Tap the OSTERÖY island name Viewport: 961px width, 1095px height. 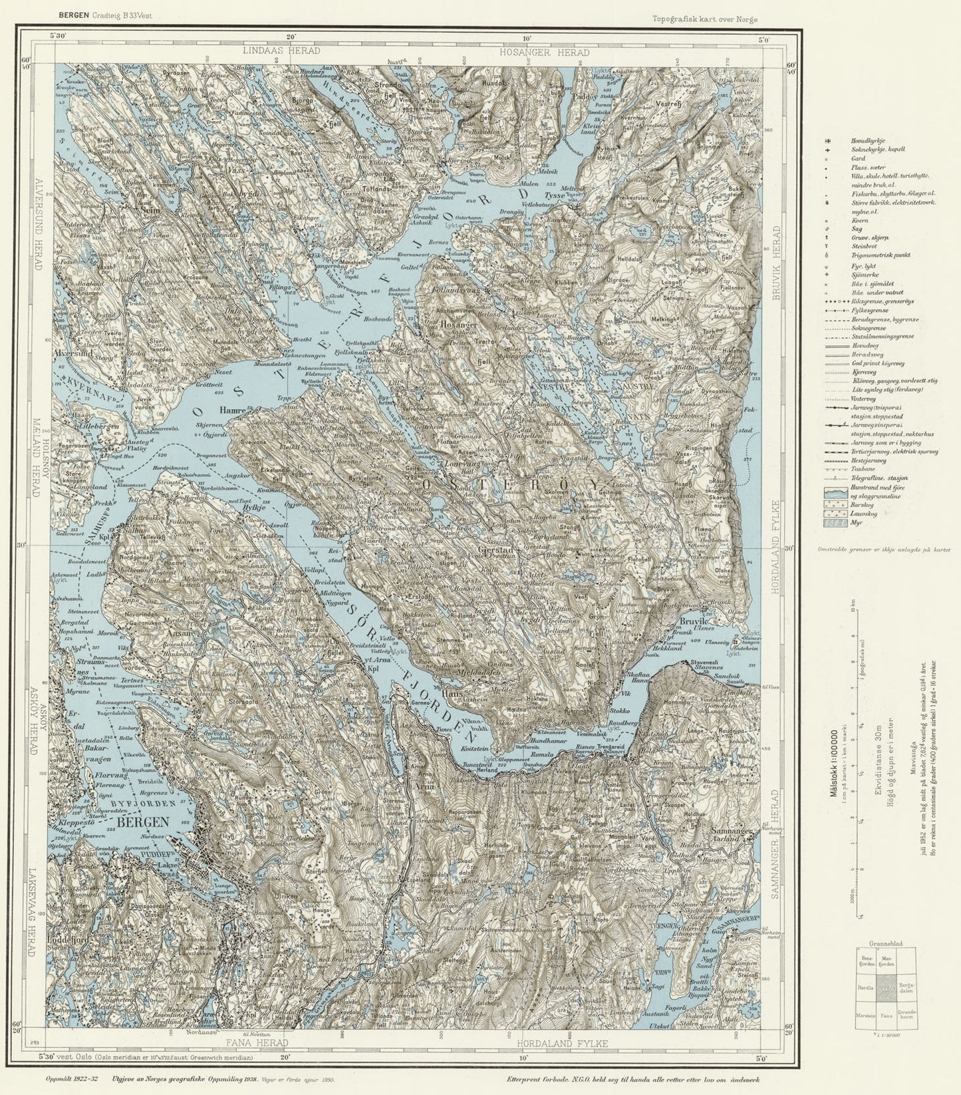tap(510, 484)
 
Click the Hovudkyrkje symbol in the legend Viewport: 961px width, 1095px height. tap(828, 141)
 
